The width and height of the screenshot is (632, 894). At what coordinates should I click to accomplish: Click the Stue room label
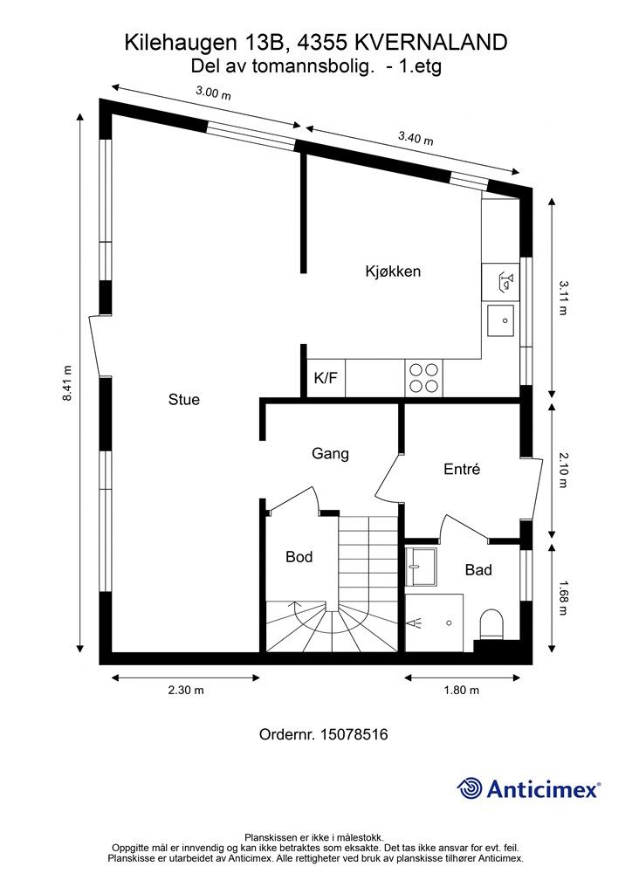pos(184,399)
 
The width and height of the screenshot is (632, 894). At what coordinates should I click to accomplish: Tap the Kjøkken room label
pos(393,272)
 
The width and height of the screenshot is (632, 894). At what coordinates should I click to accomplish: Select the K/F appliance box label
pos(326,377)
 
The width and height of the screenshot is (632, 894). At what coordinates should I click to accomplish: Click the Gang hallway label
pos(330,454)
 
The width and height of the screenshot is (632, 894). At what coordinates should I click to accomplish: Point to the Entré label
pos(462,469)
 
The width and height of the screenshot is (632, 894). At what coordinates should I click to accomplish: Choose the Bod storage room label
pos(299,556)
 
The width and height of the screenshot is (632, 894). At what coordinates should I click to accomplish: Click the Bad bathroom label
pos(478,569)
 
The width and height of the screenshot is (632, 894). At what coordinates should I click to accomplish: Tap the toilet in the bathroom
pos(491,623)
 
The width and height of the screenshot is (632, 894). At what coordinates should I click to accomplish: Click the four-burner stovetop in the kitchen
pos(423,377)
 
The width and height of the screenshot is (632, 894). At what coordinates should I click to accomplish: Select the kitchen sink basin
pos(500,320)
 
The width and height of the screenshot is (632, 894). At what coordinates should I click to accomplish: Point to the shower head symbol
pos(415,623)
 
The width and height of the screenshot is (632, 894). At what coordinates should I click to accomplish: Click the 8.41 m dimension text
pos(67,383)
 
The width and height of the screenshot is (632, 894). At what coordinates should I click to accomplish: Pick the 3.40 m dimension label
pos(416,138)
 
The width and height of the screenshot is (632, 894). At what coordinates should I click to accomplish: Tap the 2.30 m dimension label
pos(186,690)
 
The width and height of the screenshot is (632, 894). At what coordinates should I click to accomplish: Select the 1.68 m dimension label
pos(562,597)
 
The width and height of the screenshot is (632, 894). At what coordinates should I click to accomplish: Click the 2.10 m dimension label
pos(562,470)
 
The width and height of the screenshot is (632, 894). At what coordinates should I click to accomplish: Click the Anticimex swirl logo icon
pos(470,788)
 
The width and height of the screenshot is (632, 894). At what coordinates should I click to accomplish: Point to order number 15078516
pos(354,734)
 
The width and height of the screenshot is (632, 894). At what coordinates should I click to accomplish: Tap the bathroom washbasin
pos(421,567)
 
